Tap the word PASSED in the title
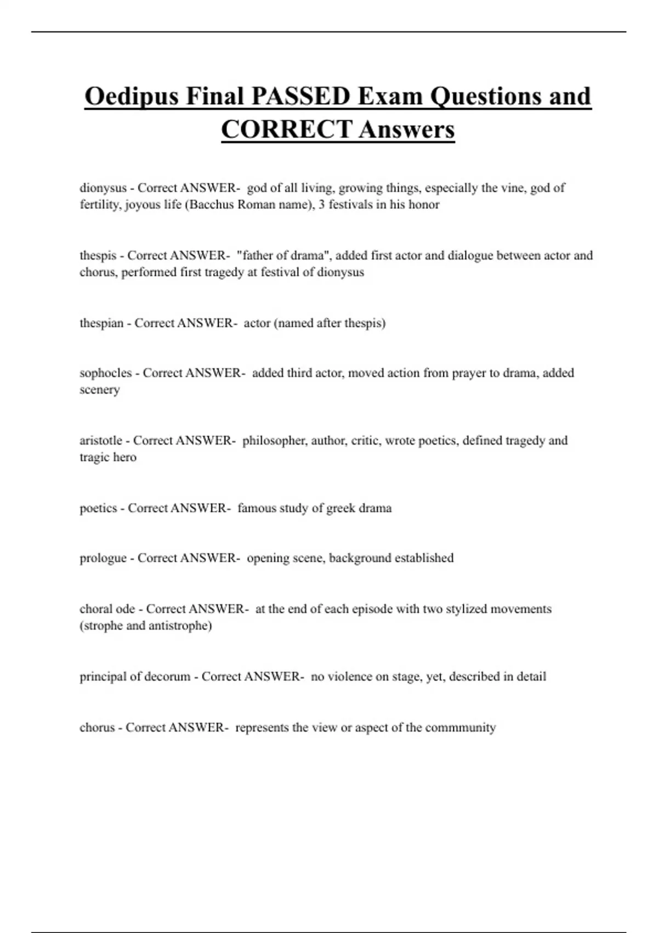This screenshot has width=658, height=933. point(300,97)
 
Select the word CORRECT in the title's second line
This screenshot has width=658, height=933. point(286,130)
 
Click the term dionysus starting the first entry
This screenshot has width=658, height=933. point(103,188)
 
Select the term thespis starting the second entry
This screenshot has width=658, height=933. point(98,255)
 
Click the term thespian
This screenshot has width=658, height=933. point(101,323)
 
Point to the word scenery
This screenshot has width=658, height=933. point(99,390)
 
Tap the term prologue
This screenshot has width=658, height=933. point(103,558)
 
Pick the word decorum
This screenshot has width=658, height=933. point(167,676)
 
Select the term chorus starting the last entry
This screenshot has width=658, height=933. point(97,727)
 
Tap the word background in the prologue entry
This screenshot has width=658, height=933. point(360,558)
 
